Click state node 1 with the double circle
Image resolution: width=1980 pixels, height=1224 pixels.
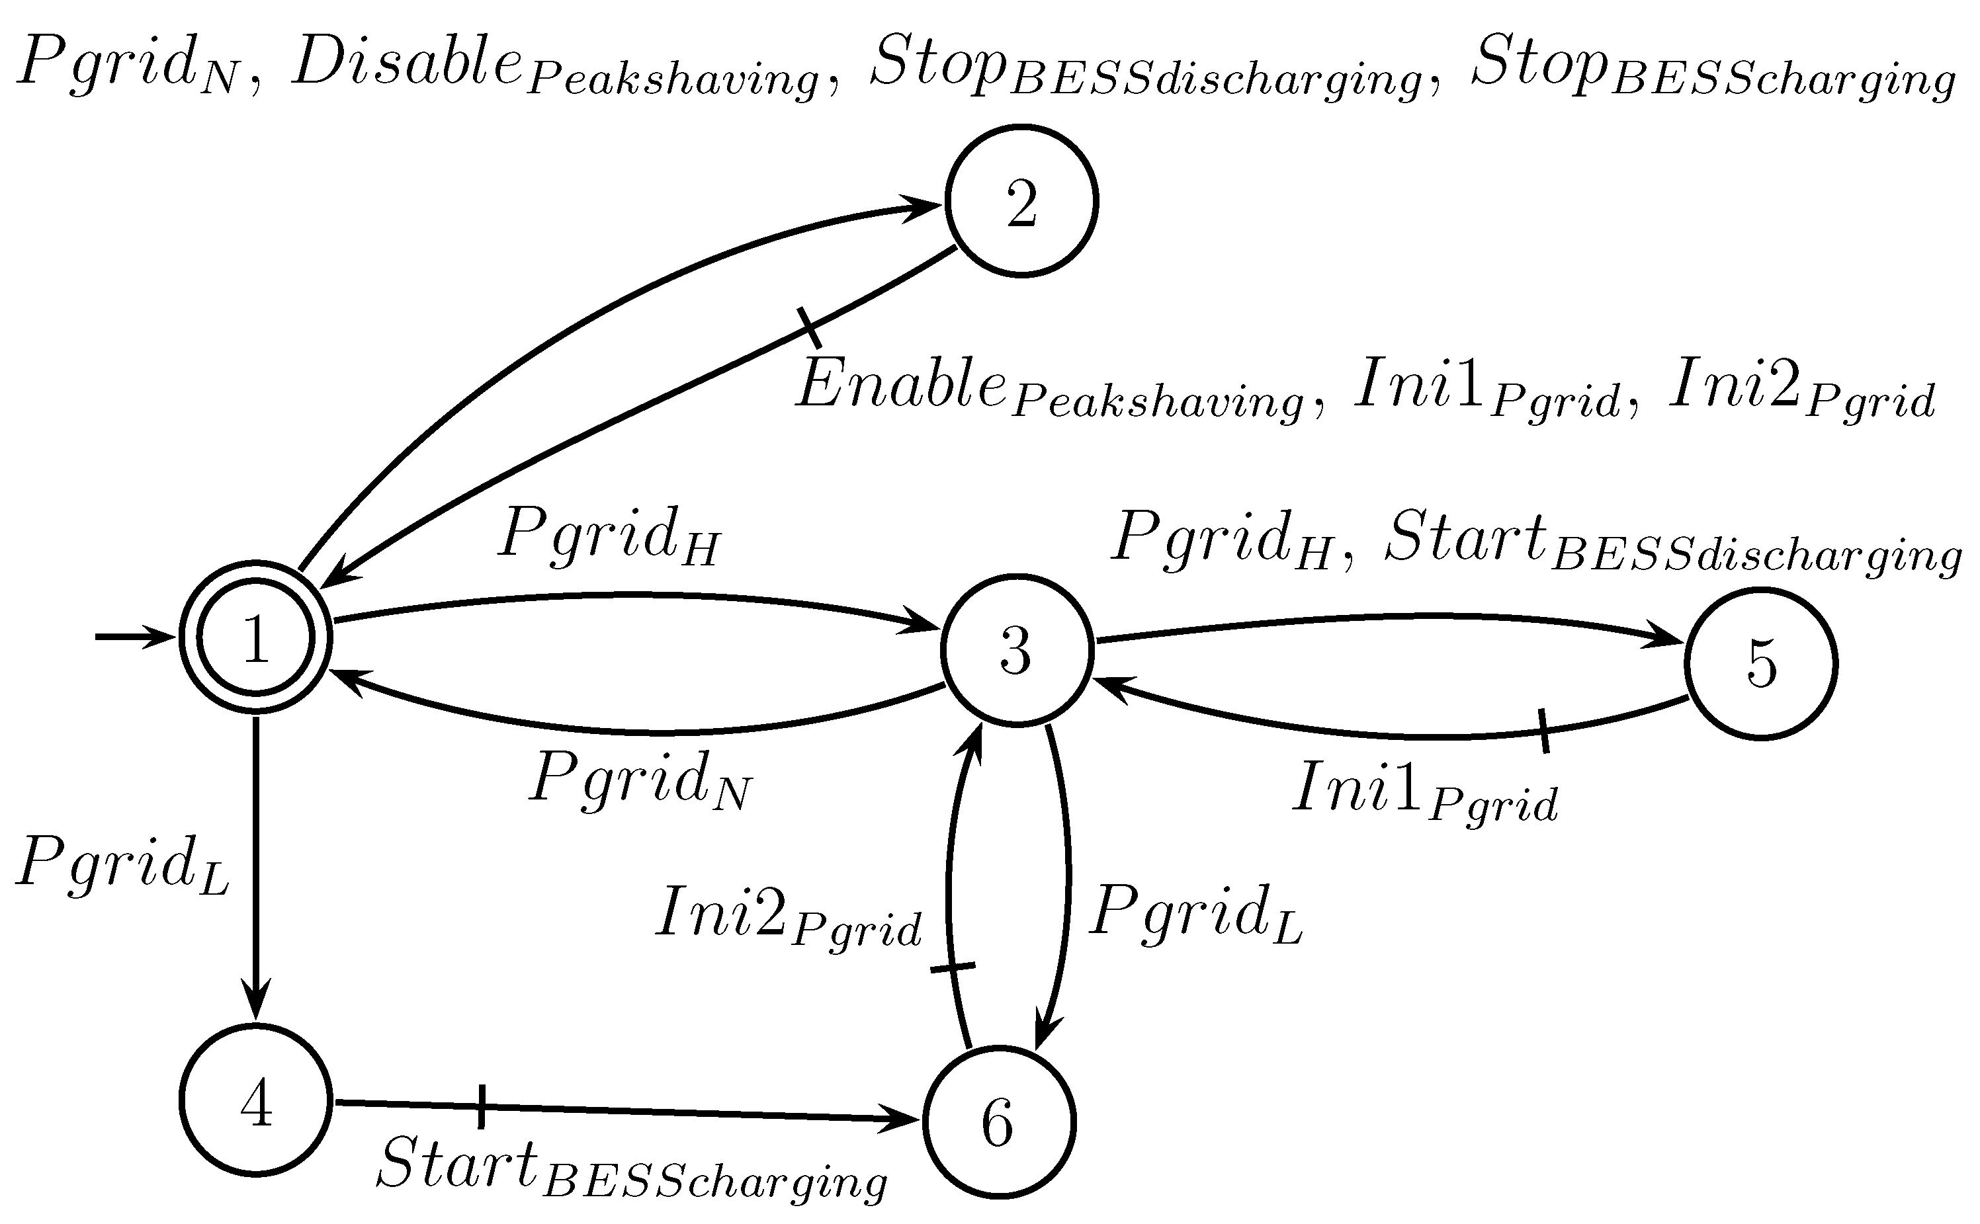coord(256,637)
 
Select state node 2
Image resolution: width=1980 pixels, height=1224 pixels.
coord(1021,201)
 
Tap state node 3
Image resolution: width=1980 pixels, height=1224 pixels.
coord(1016,650)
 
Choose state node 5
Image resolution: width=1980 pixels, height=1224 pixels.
coord(1760,664)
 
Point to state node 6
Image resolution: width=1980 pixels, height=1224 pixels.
coord(998,1122)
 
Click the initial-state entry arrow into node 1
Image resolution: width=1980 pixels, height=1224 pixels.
coord(134,637)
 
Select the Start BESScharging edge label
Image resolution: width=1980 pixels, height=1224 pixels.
coord(632,1166)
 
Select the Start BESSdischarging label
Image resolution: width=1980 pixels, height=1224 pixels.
coord(1672,541)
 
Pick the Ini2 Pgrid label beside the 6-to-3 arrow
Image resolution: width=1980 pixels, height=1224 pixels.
coord(788,917)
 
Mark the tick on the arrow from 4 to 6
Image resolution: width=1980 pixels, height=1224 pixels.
coord(481,1106)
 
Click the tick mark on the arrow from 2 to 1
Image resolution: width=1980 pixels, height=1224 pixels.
coord(809,328)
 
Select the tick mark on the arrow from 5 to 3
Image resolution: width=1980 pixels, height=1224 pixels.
coord(1543,730)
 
